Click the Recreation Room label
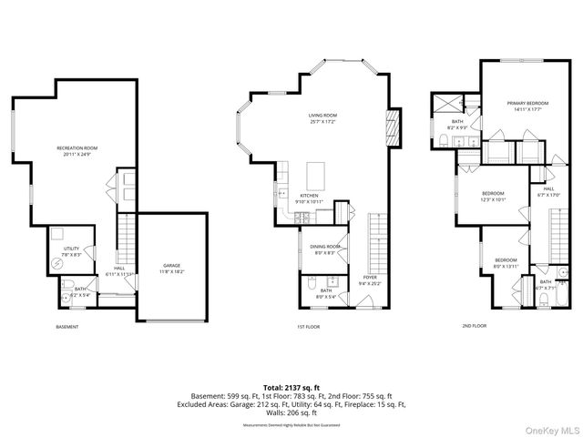tap(77, 147)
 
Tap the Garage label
tap(172, 265)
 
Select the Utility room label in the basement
tap(72, 249)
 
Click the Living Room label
tap(322, 116)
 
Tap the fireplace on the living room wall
tap(394, 127)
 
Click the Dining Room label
tap(326, 247)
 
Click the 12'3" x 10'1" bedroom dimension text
tap(493, 199)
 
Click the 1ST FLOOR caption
tap(308, 327)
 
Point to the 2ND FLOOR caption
tap(475, 325)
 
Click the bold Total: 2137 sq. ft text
tap(291, 387)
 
